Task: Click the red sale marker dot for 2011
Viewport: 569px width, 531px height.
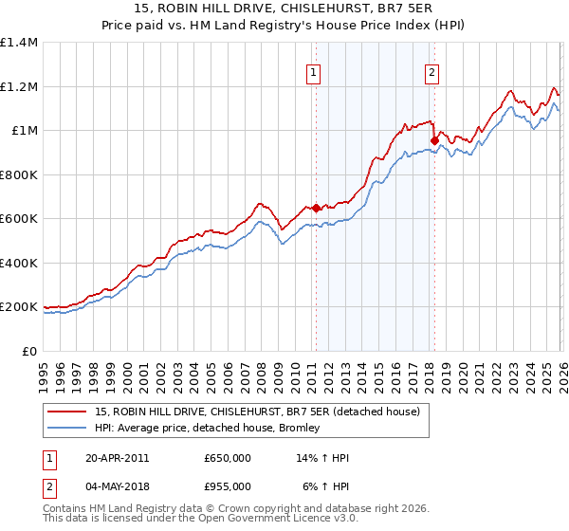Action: tap(316, 208)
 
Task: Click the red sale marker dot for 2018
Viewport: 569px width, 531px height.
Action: tap(434, 141)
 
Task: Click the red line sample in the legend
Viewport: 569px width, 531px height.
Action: tap(67, 411)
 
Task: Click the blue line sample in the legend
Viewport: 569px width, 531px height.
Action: tap(67, 428)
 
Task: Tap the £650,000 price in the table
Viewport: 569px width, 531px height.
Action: tap(228, 458)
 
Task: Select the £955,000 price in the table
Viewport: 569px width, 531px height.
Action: tap(228, 486)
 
